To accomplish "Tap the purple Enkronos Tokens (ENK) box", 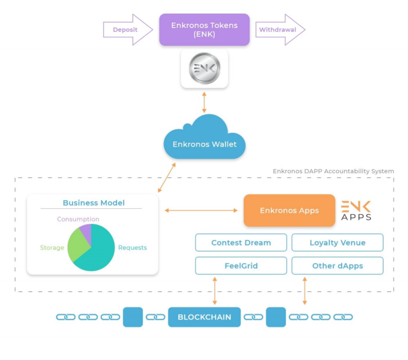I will coord(204,30).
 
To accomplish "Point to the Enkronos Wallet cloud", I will coord(204,141).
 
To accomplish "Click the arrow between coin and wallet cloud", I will coord(204,102).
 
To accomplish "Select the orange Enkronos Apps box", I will coord(289,210).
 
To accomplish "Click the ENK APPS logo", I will coord(356,210).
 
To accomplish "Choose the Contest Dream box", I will coord(241,243).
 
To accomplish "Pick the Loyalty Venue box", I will coord(337,243).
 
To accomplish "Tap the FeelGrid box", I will coord(241,266).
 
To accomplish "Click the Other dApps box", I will coord(337,266).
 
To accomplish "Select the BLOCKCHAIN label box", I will coord(204,317).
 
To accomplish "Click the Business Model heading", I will coord(94,203).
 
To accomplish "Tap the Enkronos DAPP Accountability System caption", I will coord(333,171).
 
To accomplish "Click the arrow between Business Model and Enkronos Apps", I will coord(201,210).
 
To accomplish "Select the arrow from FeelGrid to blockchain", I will coord(215,291).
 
